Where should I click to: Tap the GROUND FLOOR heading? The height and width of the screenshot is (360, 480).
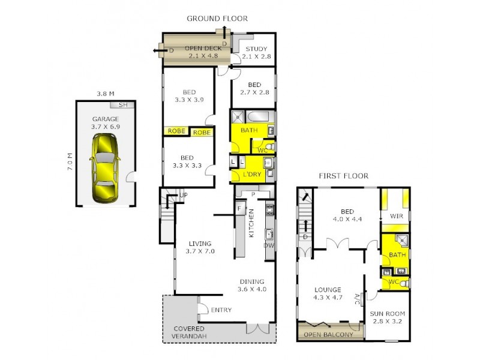pos(217,19)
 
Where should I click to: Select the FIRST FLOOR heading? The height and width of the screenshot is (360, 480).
pos(343,176)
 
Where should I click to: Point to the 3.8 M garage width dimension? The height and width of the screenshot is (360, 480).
pos(106,94)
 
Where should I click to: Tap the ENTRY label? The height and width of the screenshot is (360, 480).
pos(221,310)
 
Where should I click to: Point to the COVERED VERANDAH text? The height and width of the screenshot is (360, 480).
pos(189,332)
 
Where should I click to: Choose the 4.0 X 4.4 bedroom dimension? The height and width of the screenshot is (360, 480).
pos(347,219)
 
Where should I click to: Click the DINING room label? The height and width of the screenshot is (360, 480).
pos(251,281)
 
